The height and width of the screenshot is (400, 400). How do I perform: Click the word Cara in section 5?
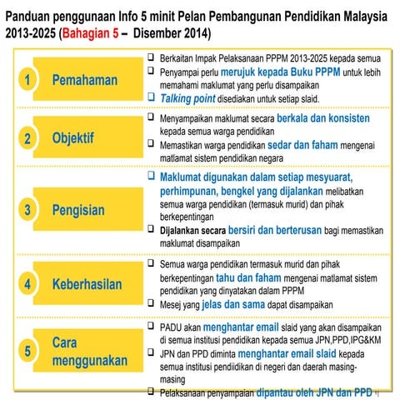pyautogui.click(x=69, y=343)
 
